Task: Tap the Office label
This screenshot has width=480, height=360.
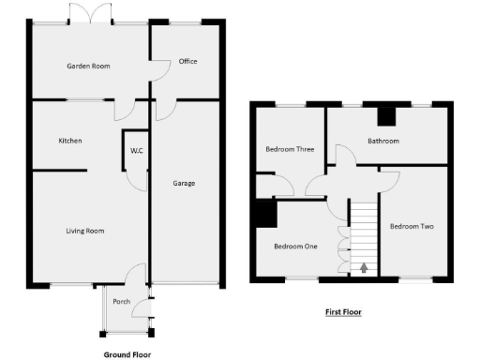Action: (x=187, y=62)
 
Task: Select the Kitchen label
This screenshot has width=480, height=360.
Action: (x=70, y=141)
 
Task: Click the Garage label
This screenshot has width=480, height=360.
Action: (x=184, y=183)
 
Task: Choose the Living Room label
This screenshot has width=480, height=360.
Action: (x=84, y=231)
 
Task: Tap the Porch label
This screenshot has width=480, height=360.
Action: (x=121, y=301)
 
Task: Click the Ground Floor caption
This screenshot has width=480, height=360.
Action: (x=127, y=355)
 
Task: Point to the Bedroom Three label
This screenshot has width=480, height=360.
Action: (x=290, y=149)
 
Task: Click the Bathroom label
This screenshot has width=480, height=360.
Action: (x=382, y=142)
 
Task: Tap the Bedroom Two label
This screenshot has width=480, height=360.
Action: (x=412, y=226)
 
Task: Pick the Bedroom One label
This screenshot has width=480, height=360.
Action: (x=295, y=247)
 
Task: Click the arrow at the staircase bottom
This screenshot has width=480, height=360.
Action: (x=364, y=268)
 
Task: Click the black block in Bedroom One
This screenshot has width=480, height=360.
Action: (x=263, y=215)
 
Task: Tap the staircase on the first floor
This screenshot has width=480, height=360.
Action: (x=363, y=234)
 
